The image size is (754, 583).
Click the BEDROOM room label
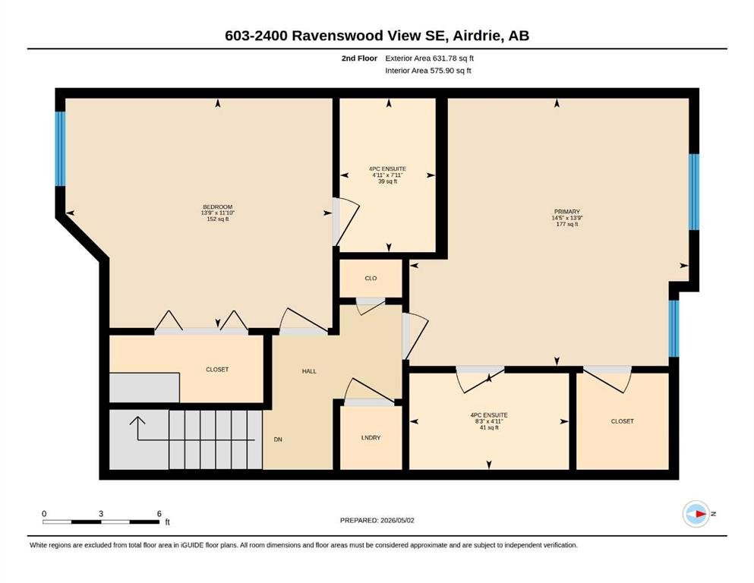point(217,206)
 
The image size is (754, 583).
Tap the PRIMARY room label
point(567,212)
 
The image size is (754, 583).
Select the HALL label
point(309,371)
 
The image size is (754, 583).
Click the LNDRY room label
point(371,438)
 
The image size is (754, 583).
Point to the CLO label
point(371,279)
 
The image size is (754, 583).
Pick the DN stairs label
point(278,440)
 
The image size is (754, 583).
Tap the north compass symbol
point(697,514)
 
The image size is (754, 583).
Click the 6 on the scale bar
point(159,514)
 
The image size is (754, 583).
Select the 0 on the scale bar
point(44,514)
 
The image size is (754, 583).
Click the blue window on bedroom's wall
point(60,149)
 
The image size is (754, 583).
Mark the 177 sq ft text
point(567,224)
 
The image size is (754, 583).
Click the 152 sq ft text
point(217,219)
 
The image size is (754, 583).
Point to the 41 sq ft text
point(489,427)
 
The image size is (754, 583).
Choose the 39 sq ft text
point(387,181)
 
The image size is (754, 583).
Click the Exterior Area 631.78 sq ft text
point(430,58)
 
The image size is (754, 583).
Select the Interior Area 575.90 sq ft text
point(428,70)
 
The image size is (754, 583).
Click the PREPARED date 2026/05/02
point(397,520)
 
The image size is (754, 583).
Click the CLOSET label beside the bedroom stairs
point(217,370)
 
